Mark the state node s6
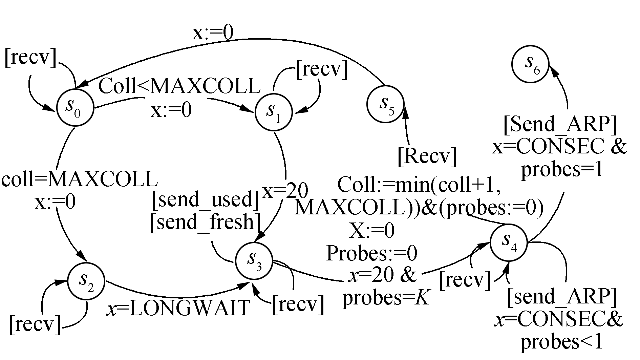pyautogui.click(x=530, y=64)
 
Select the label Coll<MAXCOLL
pyautogui.click(x=179, y=87)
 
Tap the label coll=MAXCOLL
pyautogui.click(x=80, y=179)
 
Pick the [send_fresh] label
pyautogui.click(x=205, y=223)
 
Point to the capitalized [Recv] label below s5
pyautogui.click(x=427, y=157)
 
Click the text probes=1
pyautogui.click(x=562, y=169)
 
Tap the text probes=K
pyautogui.click(x=386, y=298)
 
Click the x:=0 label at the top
pyautogui.click(x=213, y=33)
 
